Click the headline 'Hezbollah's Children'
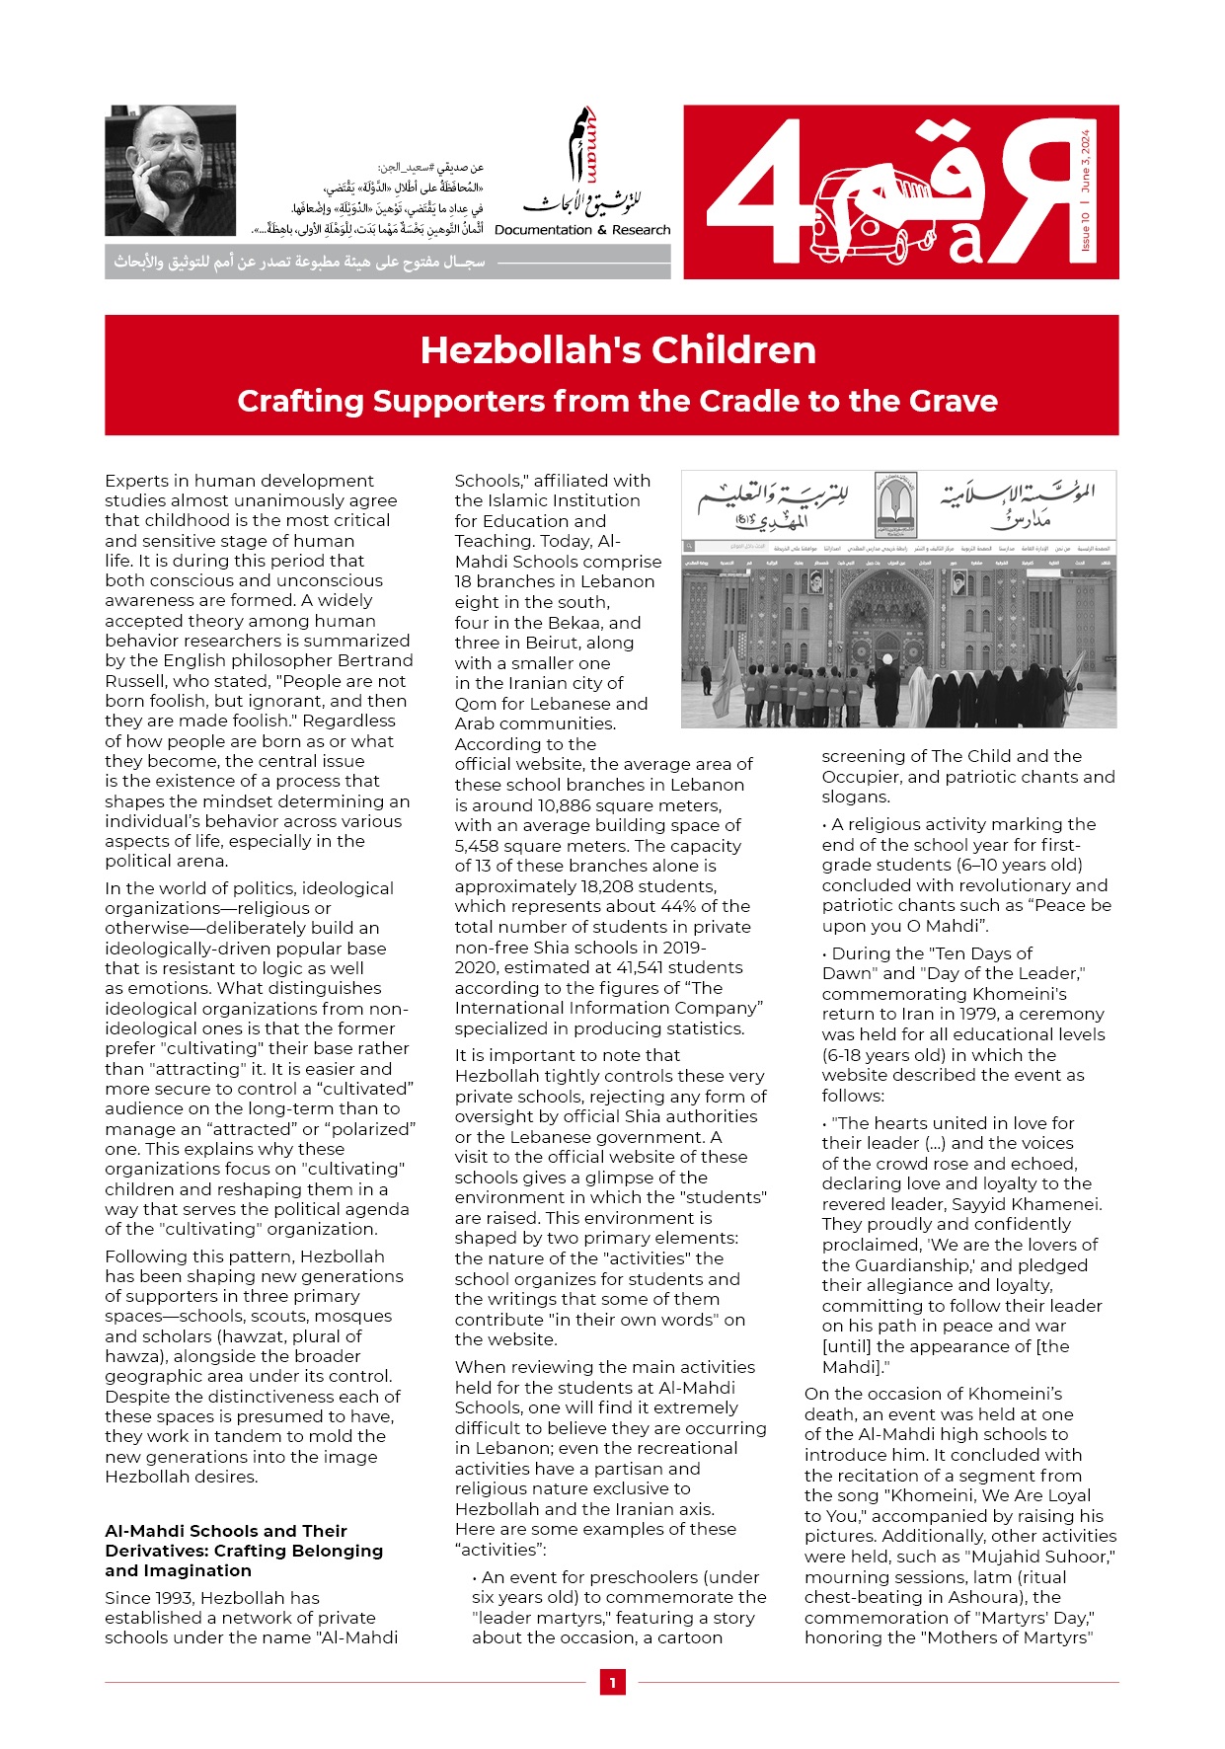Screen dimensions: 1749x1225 coord(618,350)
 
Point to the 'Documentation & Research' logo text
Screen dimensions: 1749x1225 coord(582,230)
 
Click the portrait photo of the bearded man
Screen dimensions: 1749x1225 coord(170,170)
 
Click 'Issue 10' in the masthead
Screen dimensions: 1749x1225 coord(1085,230)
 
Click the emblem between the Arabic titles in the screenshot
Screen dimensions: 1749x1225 coord(896,505)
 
